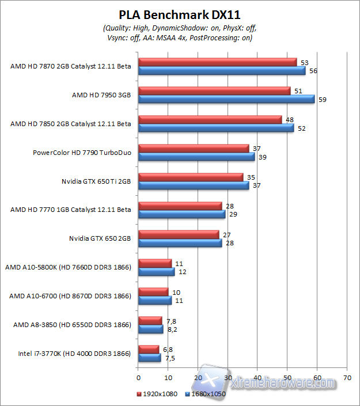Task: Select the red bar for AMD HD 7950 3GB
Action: coord(214,90)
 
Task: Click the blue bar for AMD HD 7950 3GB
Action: coord(226,98)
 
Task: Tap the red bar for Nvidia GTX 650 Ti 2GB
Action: coord(191,177)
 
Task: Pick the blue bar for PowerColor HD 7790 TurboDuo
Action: coord(196,156)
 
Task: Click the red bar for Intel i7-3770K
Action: coord(149,349)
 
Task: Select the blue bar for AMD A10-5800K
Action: coord(156,271)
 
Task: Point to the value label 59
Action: coord(323,100)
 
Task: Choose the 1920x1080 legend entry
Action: coord(157,394)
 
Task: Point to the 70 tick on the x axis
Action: coord(347,378)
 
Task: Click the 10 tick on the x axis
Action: coord(168,378)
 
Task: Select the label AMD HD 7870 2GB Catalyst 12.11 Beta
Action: coord(71,66)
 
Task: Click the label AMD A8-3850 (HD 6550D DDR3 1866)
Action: coord(72,325)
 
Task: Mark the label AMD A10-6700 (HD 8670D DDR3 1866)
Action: coord(70,296)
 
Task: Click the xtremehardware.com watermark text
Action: coord(282,382)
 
